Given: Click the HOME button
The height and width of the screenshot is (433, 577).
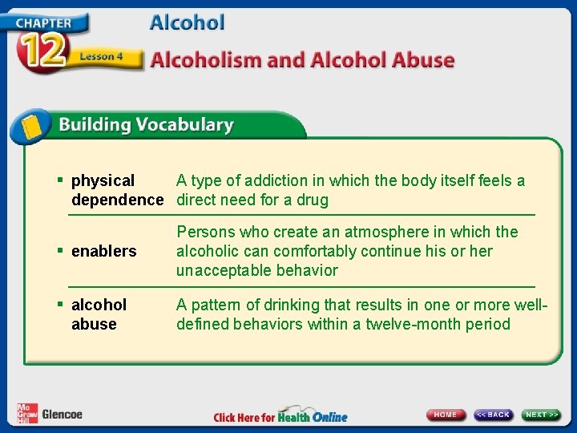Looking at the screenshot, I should coord(446,415).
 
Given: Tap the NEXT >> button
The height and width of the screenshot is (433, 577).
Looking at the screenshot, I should coord(542,415).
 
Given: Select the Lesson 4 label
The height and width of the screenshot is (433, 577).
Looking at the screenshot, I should coord(101,57).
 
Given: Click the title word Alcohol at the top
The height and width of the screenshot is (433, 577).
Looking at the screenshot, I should coord(187,22).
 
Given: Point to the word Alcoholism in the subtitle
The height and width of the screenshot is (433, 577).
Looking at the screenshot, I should coord(203,60).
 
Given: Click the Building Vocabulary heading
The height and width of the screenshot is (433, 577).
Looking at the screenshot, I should coord(145,125).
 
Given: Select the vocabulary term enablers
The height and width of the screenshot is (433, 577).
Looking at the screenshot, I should coord(104,252).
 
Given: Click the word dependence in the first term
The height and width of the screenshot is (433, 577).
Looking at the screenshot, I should coord(117,200).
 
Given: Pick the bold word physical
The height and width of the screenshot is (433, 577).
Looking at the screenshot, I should coord(103,181).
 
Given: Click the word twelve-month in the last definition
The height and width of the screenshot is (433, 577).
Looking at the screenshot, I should coord(417,325).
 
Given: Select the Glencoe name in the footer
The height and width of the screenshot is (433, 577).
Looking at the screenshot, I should coord(62,415).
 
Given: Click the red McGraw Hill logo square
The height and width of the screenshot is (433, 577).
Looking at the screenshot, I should coord(26,413).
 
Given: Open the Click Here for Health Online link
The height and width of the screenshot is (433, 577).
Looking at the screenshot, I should coord(280,417).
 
